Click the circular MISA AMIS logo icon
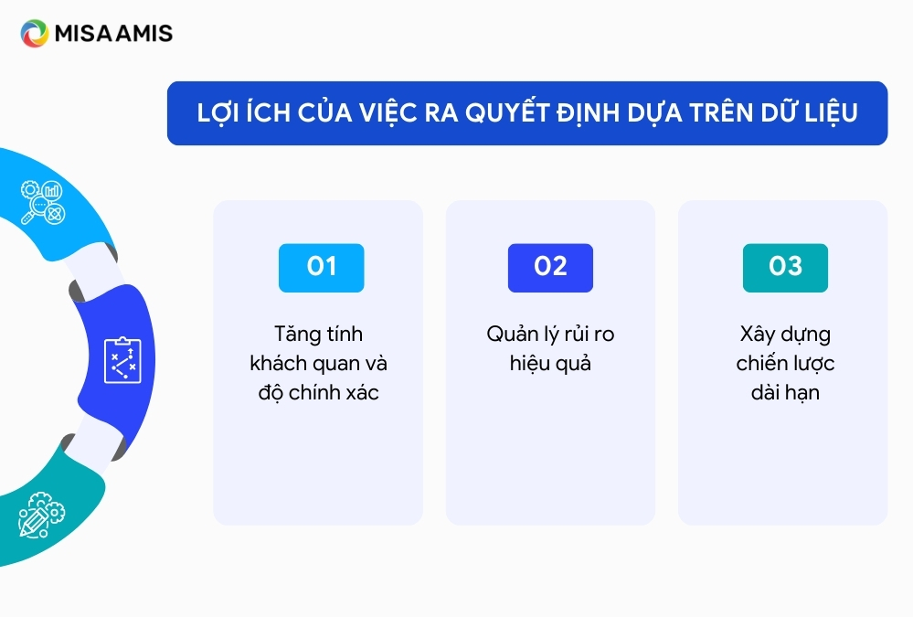click(35, 33)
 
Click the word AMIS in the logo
click(144, 34)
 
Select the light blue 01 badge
click(322, 268)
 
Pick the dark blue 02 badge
click(550, 268)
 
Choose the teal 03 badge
click(785, 268)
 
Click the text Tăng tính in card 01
click(319, 335)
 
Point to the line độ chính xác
click(319, 392)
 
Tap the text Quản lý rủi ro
click(550, 335)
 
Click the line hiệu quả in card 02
click(550, 364)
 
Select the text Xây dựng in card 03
click(785, 335)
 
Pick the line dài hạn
click(785, 393)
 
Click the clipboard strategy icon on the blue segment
click(122, 360)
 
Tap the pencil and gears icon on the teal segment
click(42, 515)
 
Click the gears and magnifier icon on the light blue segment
click(43, 202)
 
